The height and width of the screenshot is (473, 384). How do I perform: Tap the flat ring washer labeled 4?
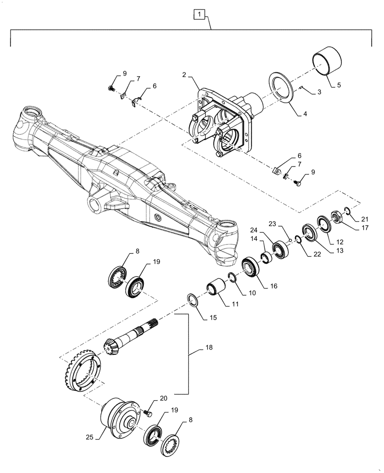(x=282, y=87)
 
